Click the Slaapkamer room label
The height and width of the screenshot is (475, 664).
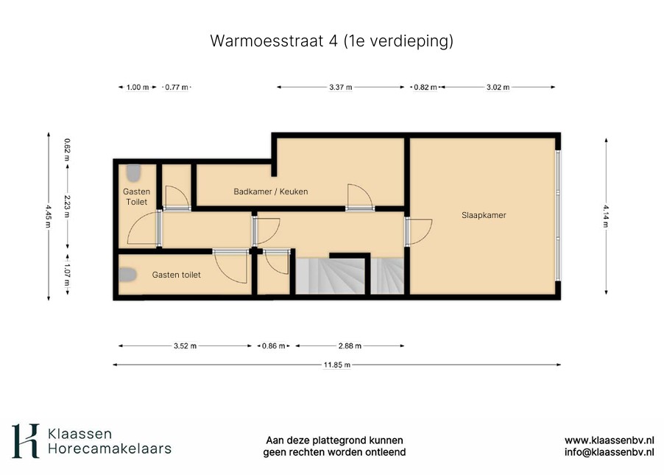(x=484, y=215)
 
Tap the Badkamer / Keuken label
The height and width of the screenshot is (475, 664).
(x=271, y=191)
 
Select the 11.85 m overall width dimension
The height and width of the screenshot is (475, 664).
(x=337, y=365)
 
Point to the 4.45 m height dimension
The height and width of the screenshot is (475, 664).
(x=49, y=216)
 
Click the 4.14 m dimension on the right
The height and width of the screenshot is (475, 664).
(x=606, y=216)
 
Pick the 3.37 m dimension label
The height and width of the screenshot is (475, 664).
(x=341, y=88)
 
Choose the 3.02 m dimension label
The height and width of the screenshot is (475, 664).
(x=498, y=88)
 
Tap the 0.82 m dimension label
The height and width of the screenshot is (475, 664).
(x=425, y=88)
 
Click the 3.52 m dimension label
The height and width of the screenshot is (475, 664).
(x=185, y=346)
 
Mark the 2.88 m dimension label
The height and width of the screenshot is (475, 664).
(x=350, y=346)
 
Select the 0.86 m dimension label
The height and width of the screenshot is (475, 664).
(x=274, y=346)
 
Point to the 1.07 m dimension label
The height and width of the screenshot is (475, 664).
(x=67, y=274)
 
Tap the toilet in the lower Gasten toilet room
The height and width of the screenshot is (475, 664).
(x=127, y=275)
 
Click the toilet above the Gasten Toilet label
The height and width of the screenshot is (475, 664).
(x=133, y=173)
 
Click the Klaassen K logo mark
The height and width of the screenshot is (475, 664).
(x=26, y=440)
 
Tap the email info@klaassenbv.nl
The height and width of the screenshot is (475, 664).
(x=609, y=452)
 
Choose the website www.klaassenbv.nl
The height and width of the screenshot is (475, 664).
(x=609, y=440)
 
